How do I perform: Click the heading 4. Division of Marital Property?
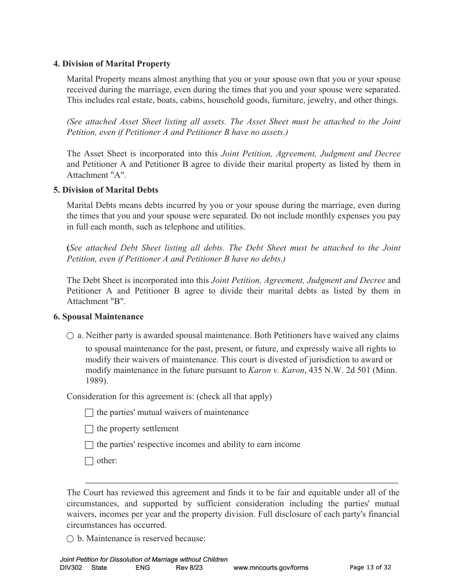click(112, 64)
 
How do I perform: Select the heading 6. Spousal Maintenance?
click(98, 316)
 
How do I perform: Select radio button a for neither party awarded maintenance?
click(70, 336)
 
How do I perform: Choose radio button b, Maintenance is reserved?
click(70, 539)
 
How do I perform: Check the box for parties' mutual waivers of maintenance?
click(89, 413)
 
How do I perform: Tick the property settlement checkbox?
click(89, 429)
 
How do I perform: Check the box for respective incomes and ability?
click(89, 445)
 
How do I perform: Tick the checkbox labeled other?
click(89, 461)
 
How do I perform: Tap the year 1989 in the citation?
click(96, 381)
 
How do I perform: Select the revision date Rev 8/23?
click(186, 567)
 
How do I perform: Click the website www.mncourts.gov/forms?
click(270, 567)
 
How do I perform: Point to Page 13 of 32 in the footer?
click(370, 567)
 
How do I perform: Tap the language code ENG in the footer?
click(142, 567)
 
